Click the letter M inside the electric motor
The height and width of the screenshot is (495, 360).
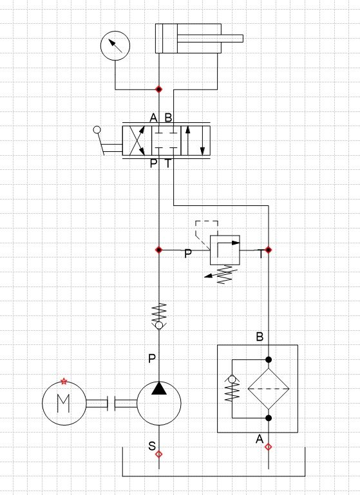pos(64,403)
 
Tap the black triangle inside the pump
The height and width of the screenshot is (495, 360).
pos(159,388)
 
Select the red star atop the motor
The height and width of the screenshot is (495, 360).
pos(64,381)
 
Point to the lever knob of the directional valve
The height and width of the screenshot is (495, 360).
pos(97,130)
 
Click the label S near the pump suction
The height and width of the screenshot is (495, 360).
pos(152,445)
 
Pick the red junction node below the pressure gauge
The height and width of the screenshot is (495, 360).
pos(159,89)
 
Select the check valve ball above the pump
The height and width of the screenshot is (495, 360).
pos(159,325)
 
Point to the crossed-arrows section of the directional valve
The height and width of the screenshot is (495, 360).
pos(137,140)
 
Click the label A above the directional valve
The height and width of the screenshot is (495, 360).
pos(153,118)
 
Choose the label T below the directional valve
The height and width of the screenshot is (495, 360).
pos(168,163)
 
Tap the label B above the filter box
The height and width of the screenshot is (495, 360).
pos(260,337)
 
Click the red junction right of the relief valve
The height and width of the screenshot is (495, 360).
pos(268,250)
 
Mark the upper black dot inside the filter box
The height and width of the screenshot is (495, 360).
pos(269,360)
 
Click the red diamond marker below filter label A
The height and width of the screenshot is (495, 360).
pos(268,447)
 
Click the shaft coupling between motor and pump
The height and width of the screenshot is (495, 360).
pos(111,403)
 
